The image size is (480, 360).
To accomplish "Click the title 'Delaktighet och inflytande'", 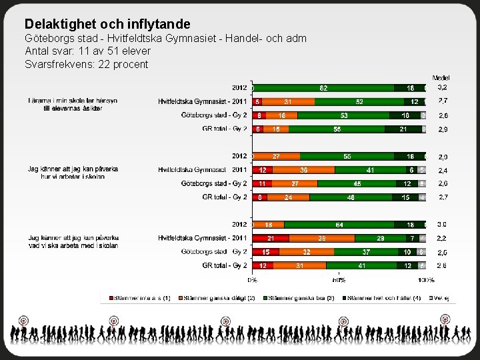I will pos(107,25).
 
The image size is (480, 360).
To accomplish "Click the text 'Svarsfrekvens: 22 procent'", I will pos(87,64).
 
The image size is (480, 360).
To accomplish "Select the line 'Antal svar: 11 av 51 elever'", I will pos(87,51).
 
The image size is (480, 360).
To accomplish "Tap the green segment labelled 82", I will pos(323,87).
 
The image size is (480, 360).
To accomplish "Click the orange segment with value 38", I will pos(321,238).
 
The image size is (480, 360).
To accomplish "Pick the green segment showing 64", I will pos(339,225).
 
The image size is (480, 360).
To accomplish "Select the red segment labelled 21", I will pos(271,238).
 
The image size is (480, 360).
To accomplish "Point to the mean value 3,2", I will pos(442,87).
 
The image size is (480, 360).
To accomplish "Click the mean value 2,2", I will pos(442,238).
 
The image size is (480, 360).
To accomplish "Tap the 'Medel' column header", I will pos(441,78).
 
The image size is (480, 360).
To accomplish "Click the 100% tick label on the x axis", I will pos(426,280).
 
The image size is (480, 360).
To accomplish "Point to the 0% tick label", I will pos(253,280).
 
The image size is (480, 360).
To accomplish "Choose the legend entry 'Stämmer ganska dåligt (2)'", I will pos(225,297).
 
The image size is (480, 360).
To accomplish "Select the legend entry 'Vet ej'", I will pos(442,297).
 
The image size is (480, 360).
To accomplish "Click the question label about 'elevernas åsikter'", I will pos(73,104).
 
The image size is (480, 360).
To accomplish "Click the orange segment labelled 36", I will pos(303,170).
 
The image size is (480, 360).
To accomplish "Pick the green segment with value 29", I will pos(381,238).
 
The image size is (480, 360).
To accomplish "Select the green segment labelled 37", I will pos(366,252).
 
